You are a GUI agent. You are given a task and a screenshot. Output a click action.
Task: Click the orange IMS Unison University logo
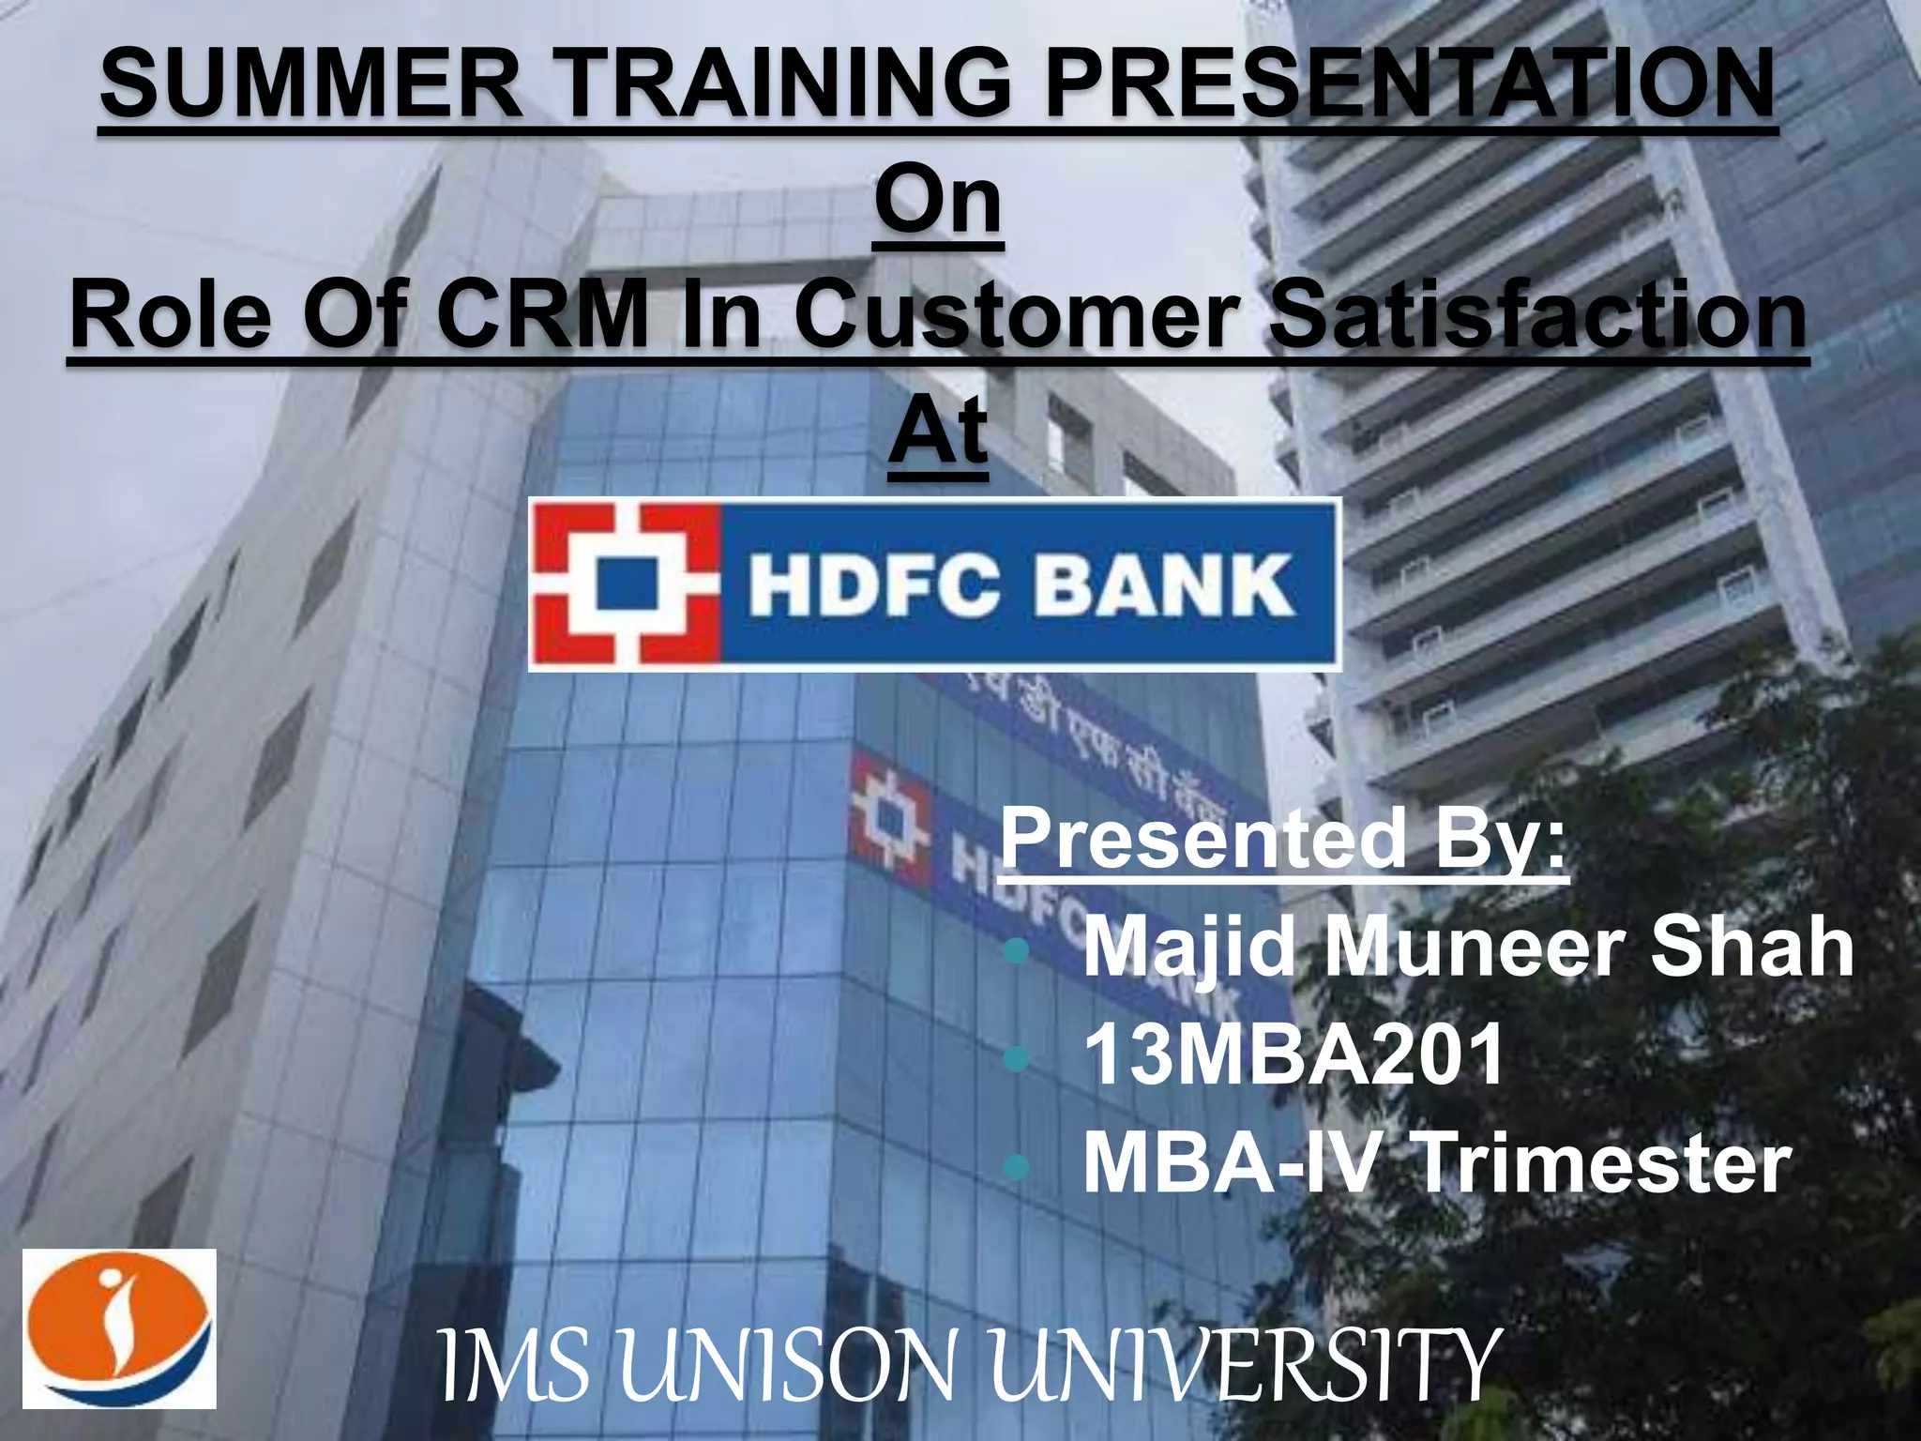[x=119, y=1328]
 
